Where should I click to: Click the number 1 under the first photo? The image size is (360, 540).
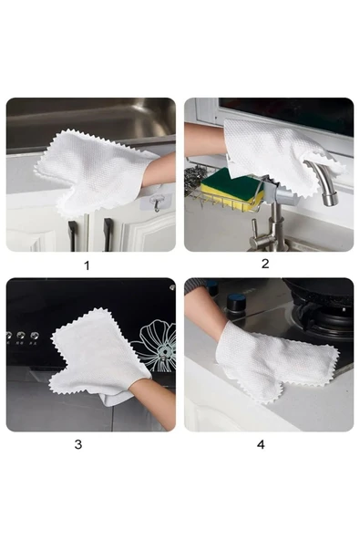87,265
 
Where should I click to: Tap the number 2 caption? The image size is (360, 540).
265,264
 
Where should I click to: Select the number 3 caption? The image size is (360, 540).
78,444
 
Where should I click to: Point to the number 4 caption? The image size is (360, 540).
261,444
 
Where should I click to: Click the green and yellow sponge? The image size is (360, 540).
231,189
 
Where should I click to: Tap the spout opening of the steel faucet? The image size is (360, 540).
331,200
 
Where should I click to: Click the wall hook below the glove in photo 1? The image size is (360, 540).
157,203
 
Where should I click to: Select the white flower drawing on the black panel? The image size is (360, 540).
159,345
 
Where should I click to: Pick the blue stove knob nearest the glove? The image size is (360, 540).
236,301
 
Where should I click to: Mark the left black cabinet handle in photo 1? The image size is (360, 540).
73,236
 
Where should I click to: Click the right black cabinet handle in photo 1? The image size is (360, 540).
108,234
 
